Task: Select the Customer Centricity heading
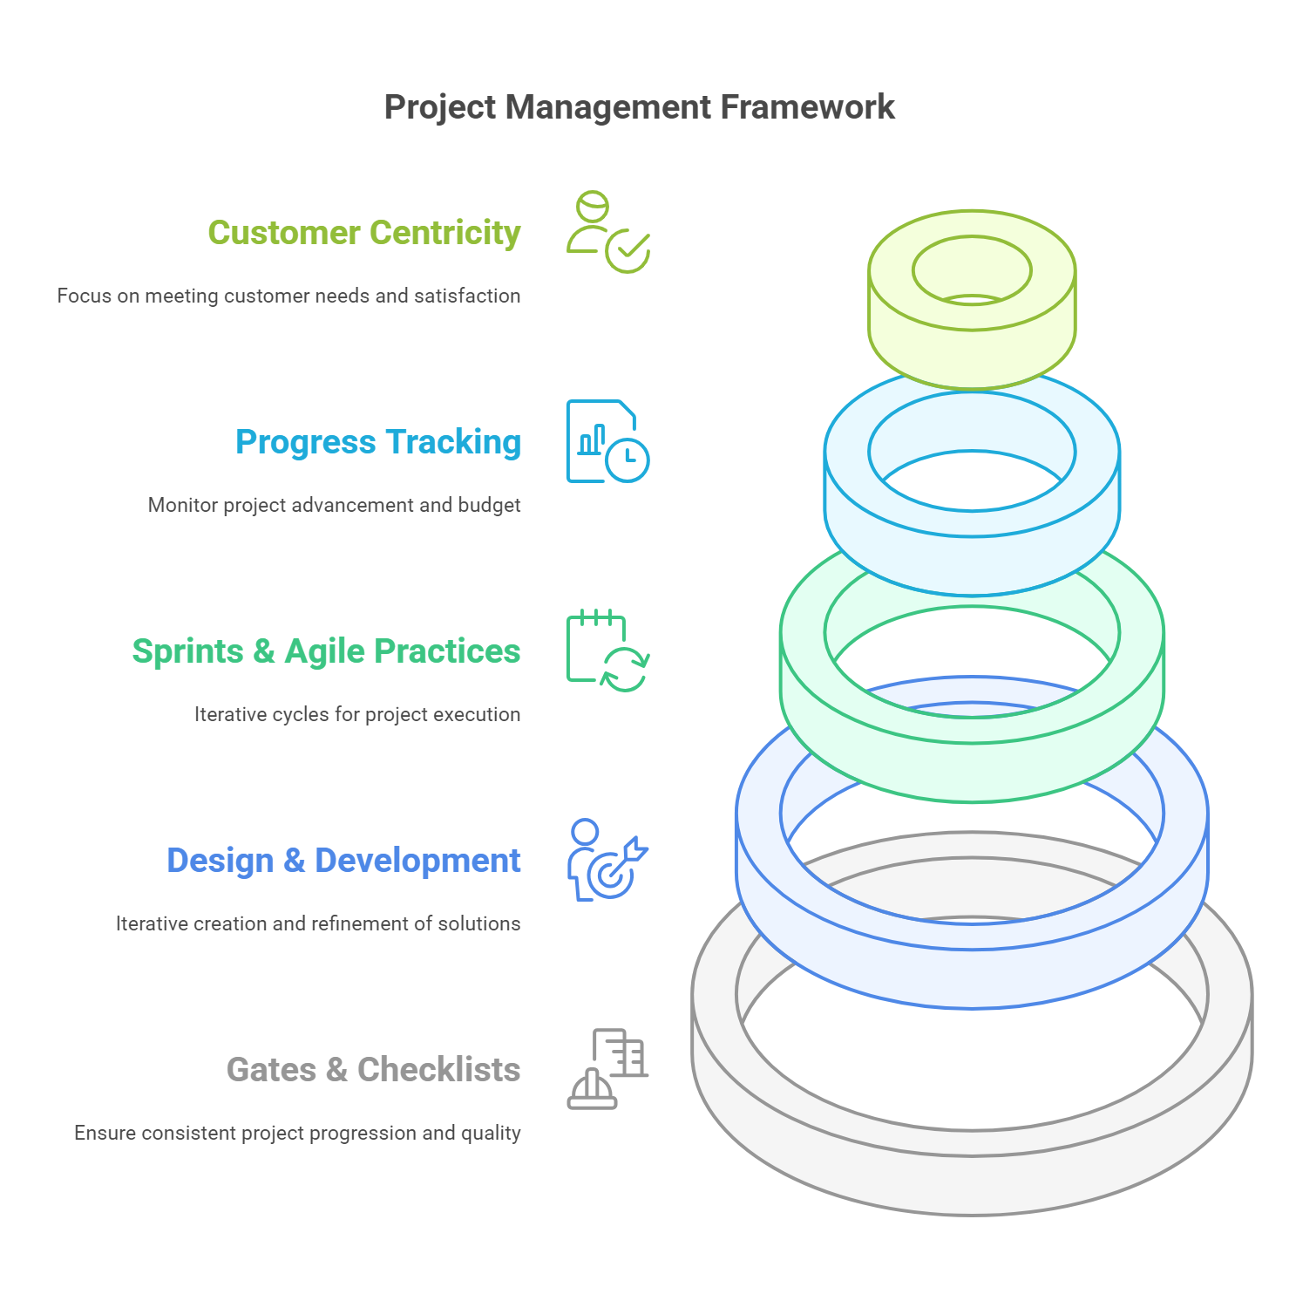363,233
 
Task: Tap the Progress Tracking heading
377,442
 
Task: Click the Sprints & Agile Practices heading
326,651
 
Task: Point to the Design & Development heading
343,861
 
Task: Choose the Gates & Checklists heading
373,1070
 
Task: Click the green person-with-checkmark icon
607,232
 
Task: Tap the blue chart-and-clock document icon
607,441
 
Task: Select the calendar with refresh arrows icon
607,650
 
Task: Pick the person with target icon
607,860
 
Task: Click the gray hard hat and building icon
607,1069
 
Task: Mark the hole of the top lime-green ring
972,270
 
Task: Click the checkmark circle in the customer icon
628,251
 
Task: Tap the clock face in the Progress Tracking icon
628,460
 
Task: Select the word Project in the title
439,107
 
